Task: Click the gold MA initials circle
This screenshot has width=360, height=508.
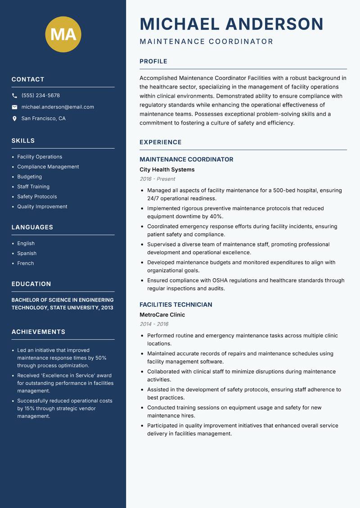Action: coord(63,34)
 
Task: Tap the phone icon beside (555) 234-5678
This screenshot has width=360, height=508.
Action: coord(14,96)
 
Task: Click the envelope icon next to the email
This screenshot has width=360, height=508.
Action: coord(14,107)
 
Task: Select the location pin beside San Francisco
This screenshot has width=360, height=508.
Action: coord(14,119)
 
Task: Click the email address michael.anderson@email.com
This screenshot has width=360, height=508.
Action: coord(58,107)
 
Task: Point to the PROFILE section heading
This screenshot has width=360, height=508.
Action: coord(153,62)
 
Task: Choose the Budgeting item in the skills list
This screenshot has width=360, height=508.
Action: coord(29,177)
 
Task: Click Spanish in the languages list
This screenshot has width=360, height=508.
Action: coord(27,253)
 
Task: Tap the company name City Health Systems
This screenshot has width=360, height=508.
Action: coord(167,169)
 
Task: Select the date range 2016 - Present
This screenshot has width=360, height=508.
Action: coord(157,179)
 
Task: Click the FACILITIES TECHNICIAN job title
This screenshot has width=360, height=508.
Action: coord(175,305)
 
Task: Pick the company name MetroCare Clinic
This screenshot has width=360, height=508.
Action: coord(162,315)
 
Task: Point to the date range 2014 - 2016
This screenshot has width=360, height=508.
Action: coord(154,324)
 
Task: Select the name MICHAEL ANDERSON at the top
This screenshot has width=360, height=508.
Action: coord(231,24)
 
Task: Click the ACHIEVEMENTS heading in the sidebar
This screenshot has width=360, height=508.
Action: coord(38,332)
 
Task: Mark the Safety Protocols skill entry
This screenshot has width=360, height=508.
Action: coord(37,196)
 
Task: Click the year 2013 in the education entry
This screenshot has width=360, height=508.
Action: coord(106,307)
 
